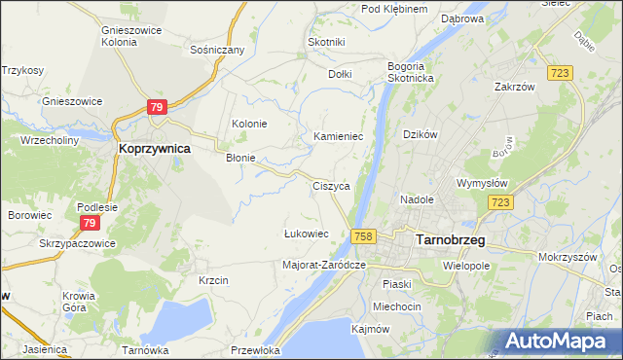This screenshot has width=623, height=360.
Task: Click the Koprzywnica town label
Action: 153,149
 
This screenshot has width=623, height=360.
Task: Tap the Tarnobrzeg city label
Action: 451,239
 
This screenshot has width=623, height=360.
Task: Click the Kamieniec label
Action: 338,137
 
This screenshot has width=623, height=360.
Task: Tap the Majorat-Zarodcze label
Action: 323,265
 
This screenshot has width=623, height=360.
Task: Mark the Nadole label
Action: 417,199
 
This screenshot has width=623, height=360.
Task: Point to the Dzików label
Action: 421,133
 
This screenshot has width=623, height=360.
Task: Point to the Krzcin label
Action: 212,280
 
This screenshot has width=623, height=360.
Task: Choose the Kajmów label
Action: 368,329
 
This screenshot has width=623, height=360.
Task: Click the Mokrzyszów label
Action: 565,258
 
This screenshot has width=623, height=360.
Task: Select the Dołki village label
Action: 340,73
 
